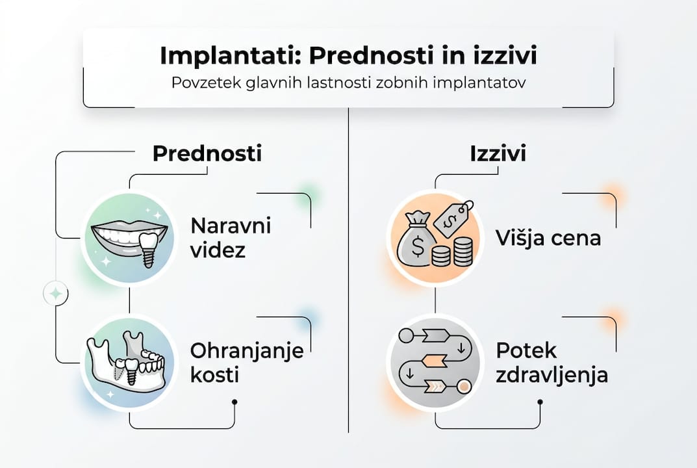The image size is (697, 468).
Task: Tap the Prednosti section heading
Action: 207,154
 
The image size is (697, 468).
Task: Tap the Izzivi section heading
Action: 498,154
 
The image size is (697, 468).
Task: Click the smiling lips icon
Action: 130,236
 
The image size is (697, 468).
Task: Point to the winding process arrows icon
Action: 434,361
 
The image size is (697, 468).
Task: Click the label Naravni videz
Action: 230,238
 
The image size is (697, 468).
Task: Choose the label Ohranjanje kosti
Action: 247,363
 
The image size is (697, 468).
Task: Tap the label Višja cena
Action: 548,238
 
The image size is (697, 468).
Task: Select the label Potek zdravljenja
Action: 551,363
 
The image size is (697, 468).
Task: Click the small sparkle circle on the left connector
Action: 56,294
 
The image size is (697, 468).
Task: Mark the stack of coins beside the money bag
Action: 453,252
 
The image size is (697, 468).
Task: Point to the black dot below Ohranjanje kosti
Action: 234,402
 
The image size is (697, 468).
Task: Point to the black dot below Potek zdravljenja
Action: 540,402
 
